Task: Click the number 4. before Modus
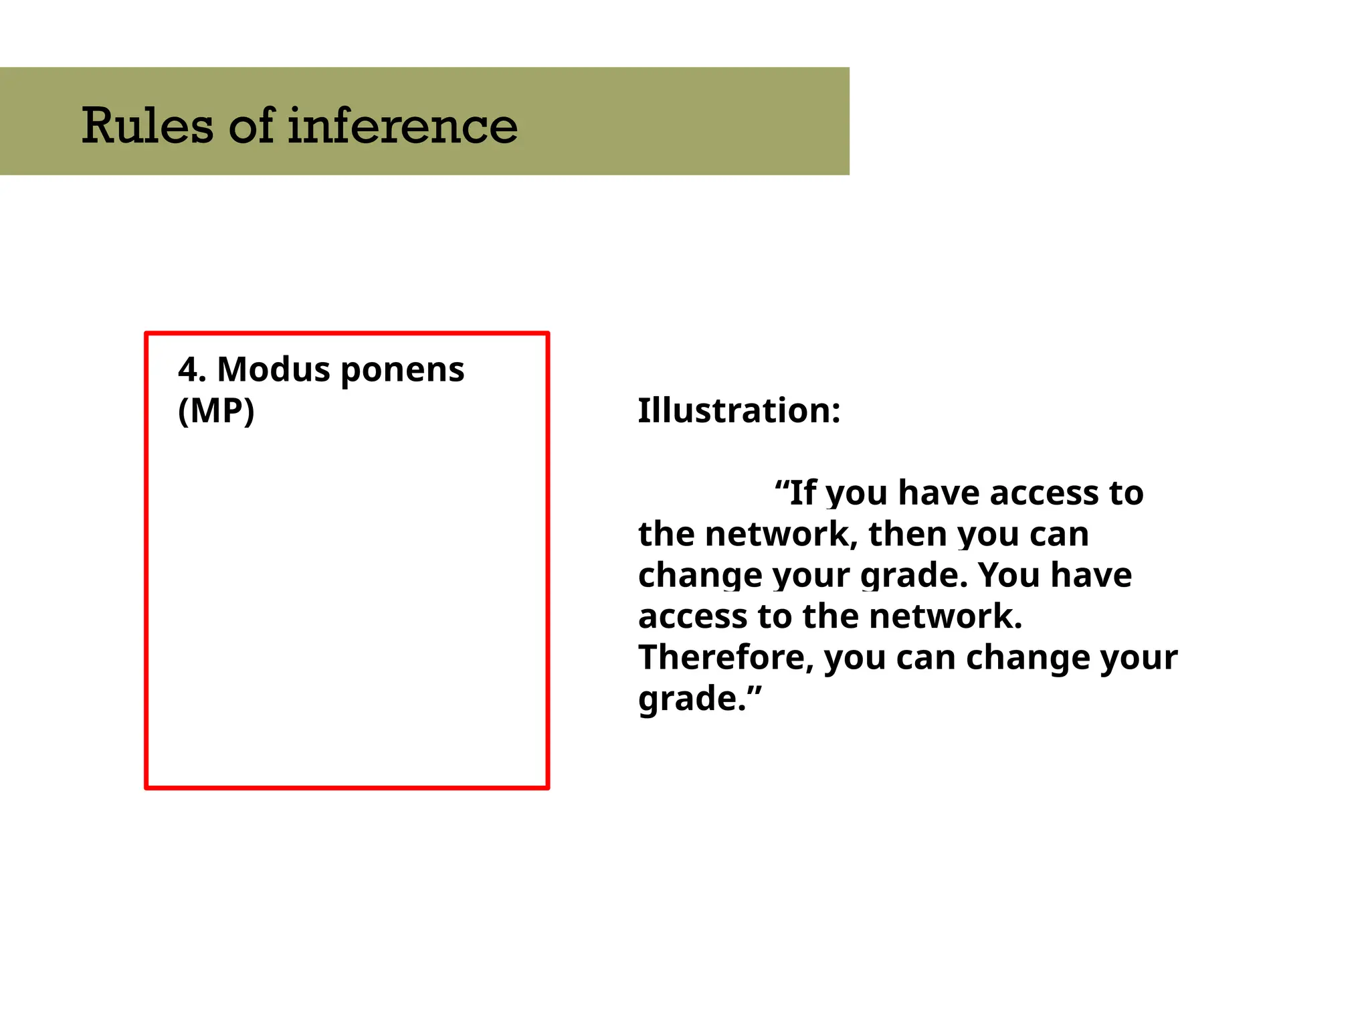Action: coord(192,369)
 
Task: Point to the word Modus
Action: coord(274,369)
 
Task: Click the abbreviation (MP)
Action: coord(216,411)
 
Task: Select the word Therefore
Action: coord(726,658)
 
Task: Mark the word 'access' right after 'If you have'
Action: coord(1044,493)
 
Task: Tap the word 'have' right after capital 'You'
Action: coord(1091,576)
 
